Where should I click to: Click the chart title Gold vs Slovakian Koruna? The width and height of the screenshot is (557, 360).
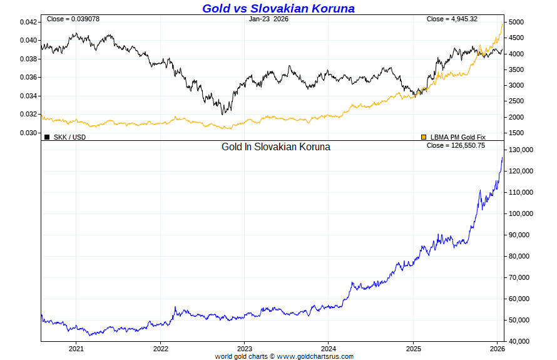pyautogui.click(x=278, y=8)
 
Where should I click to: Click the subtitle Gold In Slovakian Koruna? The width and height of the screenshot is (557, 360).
pyautogui.click(x=276, y=147)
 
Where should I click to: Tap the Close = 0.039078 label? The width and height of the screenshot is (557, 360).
pyautogui.click(x=73, y=19)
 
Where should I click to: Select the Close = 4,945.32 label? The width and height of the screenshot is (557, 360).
pyautogui.click(x=452, y=19)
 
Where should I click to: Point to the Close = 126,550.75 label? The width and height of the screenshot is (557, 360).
pyautogui.click(x=456, y=145)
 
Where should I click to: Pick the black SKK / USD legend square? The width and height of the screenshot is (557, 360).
pyautogui.click(x=47, y=136)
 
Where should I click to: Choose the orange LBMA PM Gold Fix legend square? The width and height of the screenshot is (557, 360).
pyautogui.click(x=424, y=136)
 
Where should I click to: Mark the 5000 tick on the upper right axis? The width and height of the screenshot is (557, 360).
pyautogui.click(x=516, y=22)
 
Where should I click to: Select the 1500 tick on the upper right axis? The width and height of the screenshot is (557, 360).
pyautogui.click(x=516, y=133)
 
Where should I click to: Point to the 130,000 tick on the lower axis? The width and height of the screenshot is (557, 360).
pyautogui.click(x=520, y=150)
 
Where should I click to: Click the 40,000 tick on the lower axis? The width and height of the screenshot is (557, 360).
pyautogui.click(x=520, y=341)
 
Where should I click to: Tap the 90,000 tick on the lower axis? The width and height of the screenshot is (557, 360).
pyautogui.click(x=520, y=235)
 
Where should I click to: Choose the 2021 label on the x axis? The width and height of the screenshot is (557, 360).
pyautogui.click(x=76, y=348)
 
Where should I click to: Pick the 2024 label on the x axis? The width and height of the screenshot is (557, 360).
pyautogui.click(x=329, y=348)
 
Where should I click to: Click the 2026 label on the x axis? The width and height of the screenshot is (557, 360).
pyautogui.click(x=497, y=348)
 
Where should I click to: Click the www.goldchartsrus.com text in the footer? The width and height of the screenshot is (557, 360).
pyautogui.click(x=315, y=356)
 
